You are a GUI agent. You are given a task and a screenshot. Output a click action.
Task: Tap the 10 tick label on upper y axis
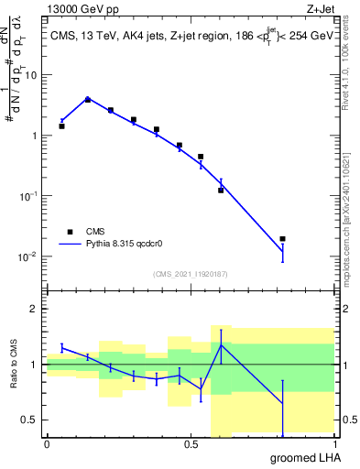click(x=33, y=75)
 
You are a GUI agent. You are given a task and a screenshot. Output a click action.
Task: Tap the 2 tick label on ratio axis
click(x=36, y=309)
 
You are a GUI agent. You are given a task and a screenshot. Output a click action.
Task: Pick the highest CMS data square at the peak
click(x=88, y=100)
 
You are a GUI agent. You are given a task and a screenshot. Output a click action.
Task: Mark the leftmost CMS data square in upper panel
click(x=61, y=125)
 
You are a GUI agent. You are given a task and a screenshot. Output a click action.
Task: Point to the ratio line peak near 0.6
click(x=221, y=344)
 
